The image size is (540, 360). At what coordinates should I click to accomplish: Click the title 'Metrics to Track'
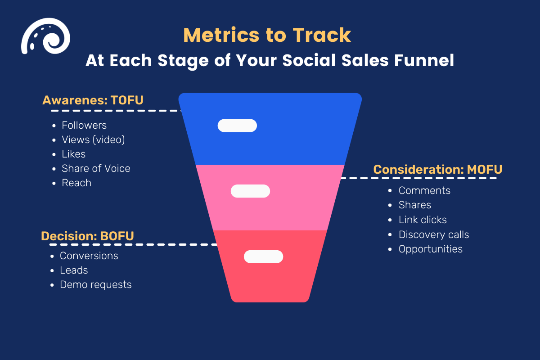click(x=267, y=35)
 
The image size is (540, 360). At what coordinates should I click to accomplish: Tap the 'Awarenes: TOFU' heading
click(x=93, y=100)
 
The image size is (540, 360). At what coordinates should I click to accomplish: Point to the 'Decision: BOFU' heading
click(x=87, y=236)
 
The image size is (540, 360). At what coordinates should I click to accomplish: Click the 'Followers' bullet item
click(x=84, y=125)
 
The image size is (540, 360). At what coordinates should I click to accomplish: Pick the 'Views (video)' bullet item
click(x=93, y=139)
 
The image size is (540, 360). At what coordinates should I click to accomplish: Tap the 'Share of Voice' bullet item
click(x=96, y=168)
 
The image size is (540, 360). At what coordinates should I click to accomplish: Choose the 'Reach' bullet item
click(x=76, y=183)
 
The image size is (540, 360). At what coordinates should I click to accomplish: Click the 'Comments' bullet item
click(x=424, y=190)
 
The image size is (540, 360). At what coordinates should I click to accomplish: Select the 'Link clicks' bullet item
click(x=423, y=220)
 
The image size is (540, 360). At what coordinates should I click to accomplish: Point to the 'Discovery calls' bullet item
click(x=434, y=234)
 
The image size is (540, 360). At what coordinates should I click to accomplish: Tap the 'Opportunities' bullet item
click(x=430, y=249)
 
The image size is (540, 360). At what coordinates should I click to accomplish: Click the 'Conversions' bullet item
click(x=89, y=256)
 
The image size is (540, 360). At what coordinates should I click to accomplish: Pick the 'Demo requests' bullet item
click(x=96, y=284)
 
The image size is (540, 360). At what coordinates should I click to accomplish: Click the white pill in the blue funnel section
click(x=237, y=126)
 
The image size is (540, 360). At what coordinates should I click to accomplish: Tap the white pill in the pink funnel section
click(x=250, y=191)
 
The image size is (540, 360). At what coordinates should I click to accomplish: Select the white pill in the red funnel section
click(x=263, y=256)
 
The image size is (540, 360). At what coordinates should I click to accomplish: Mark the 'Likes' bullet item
click(x=74, y=154)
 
